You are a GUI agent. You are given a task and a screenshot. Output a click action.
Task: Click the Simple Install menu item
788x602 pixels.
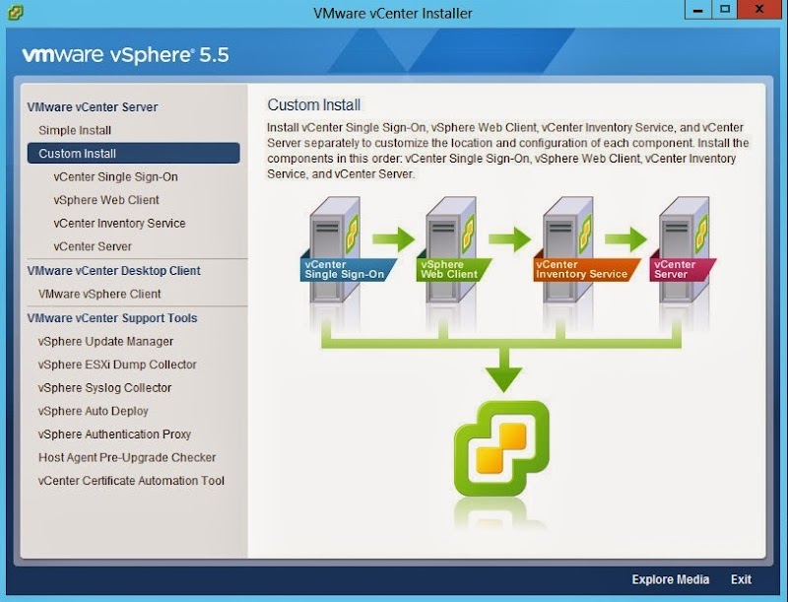[x=75, y=130]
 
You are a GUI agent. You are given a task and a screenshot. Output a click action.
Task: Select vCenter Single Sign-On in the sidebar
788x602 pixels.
[x=115, y=177]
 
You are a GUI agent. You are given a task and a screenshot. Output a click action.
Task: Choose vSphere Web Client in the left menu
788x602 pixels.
[x=106, y=200]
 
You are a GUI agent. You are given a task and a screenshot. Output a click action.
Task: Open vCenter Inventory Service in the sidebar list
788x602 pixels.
[x=119, y=224]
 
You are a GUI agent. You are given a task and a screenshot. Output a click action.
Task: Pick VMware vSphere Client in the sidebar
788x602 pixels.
[x=99, y=294]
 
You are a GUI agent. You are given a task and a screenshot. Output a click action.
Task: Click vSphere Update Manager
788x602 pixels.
[x=105, y=342]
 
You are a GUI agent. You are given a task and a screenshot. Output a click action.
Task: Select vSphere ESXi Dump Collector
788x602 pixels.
[x=117, y=365]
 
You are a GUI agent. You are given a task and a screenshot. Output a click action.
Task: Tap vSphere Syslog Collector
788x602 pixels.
[x=104, y=388]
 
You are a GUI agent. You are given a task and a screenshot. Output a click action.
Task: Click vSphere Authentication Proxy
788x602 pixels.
[x=114, y=435]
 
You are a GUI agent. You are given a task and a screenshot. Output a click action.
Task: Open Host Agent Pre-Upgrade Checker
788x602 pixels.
[x=127, y=458]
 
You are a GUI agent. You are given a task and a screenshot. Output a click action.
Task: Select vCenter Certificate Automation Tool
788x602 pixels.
[x=131, y=481]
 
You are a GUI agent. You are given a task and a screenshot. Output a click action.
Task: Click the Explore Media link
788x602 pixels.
[x=670, y=579]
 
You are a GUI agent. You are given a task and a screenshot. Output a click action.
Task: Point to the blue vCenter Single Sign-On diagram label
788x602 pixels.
[x=344, y=269]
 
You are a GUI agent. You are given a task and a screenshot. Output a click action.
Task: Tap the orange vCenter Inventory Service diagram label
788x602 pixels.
[x=580, y=269]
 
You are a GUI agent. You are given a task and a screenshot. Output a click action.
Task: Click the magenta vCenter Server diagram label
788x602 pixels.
[x=678, y=269]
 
